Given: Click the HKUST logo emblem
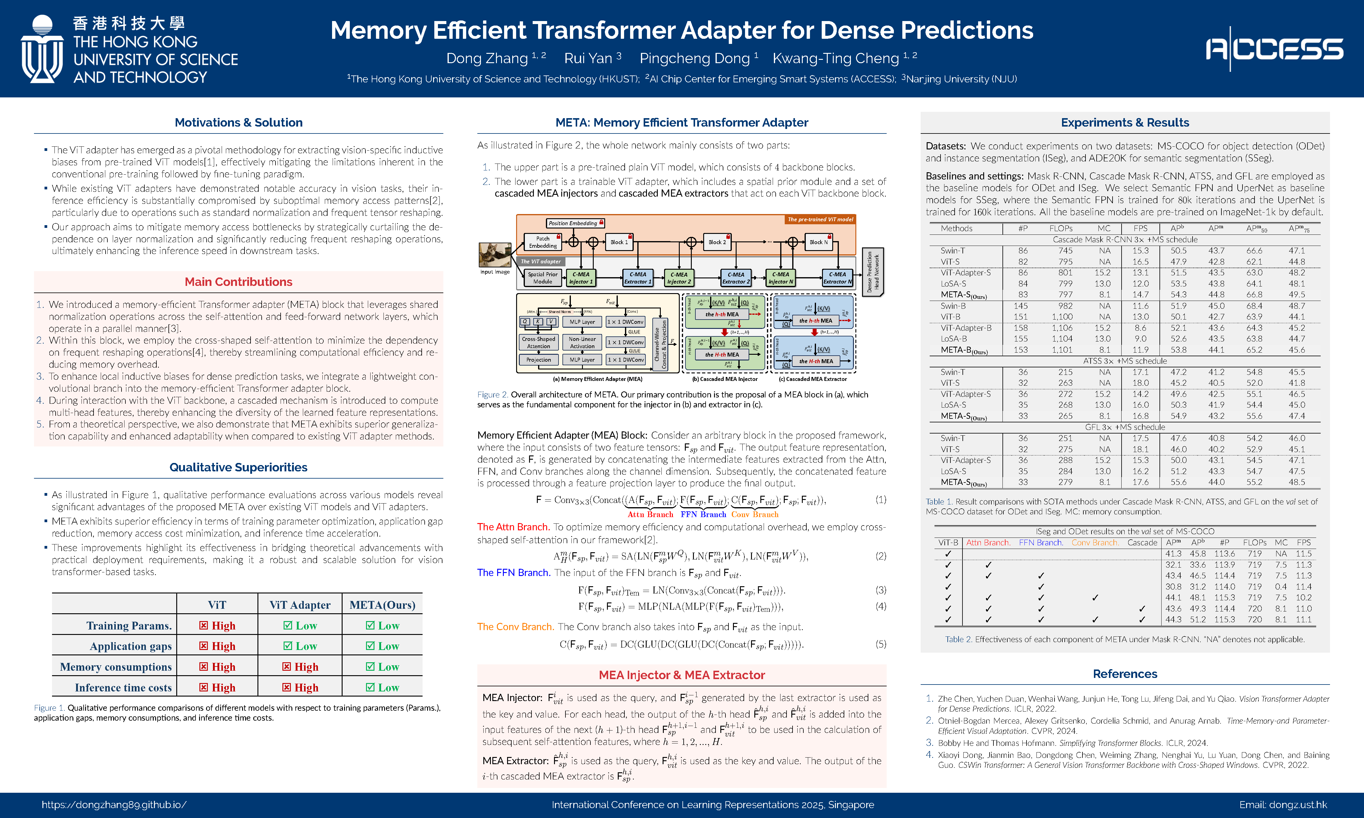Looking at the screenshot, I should [x=42, y=50].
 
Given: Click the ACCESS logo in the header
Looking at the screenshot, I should [x=1274, y=49].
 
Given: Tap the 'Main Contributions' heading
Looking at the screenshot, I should [x=238, y=282].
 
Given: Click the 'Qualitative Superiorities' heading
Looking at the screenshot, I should [x=238, y=467].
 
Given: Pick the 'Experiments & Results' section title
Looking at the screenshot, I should [x=1125, y=122].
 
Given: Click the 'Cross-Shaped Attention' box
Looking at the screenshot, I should [x=538, y=343].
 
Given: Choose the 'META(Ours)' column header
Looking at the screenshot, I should [x=382, y=605].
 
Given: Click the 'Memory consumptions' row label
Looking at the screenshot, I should [x=116, y=667].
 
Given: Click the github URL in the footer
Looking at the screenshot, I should [x=114, y=805].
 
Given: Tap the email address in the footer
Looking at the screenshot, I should [x=1282, y=805].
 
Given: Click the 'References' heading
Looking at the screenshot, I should [x=1125, y=674].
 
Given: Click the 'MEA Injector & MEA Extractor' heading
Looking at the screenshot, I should [x=682, y=675].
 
